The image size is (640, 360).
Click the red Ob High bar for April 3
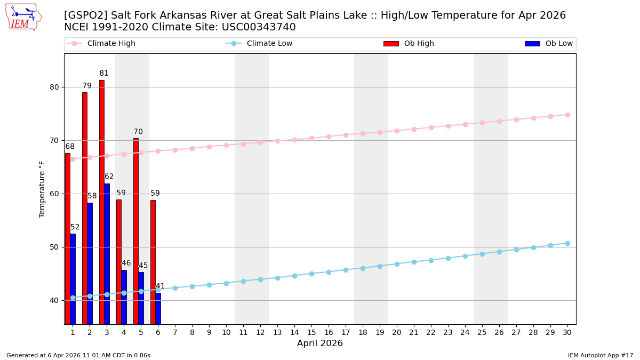point(101,203)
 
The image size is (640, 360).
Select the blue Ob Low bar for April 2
point(90,263)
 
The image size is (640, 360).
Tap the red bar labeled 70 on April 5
point(135,231)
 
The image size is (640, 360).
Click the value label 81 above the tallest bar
point(104,74)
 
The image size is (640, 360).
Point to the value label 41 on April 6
point(160,286)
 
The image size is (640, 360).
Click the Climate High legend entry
point(111,44)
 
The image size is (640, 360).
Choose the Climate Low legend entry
point(269,44)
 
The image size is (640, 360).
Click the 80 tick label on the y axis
point(54,87)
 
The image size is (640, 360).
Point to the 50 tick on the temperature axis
point(54,247)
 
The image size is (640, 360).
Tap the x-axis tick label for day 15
point(311,332)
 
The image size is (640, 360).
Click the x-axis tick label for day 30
point(567,332)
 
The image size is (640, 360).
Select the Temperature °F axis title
point(43,189)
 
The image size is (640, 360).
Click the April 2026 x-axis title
point(320,343)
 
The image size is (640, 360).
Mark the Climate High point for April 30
point(567,115)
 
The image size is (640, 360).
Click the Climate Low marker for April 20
point(397,264)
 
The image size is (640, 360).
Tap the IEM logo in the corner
point(23,17)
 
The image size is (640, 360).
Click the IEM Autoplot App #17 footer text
point(601,355)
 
